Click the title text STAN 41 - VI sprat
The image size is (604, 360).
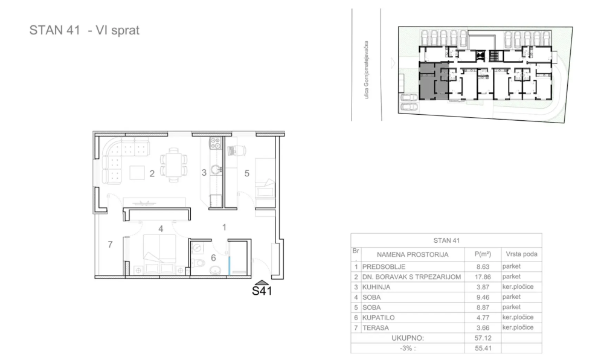point(85,31)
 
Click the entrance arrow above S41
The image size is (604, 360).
point(262,282)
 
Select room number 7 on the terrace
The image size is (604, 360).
point(110,245)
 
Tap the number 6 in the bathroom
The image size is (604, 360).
point(213,258)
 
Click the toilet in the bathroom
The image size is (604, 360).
point(198,264)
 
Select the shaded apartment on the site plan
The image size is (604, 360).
point(432,81)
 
